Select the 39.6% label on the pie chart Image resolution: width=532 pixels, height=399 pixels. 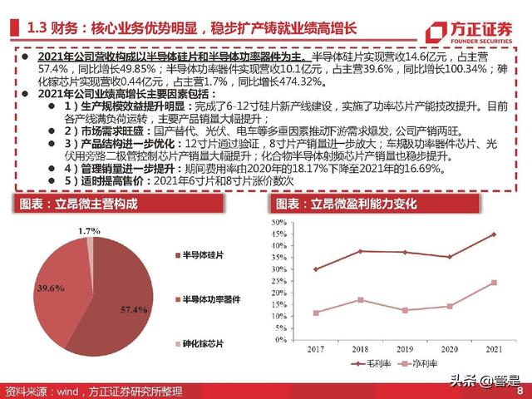tap(50, 288)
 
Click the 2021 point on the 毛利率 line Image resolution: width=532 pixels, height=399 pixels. tap(493, 234)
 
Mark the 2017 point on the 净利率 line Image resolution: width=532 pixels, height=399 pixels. tap(316, 313)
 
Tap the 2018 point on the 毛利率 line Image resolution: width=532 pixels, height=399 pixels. tap(360, 251)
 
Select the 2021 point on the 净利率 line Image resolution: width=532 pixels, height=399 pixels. tap(493, 283)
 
